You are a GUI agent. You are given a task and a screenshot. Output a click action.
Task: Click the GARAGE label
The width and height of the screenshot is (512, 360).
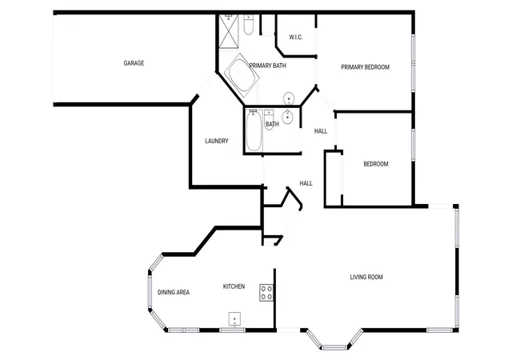134,63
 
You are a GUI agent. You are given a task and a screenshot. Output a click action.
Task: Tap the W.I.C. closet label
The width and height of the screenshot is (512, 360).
296,38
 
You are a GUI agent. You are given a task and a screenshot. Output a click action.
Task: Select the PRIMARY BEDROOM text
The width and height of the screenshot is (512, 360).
365,67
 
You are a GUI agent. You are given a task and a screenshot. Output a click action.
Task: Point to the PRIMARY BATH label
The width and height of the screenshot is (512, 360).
268,66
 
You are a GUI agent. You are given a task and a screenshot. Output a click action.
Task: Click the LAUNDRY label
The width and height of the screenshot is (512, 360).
217,141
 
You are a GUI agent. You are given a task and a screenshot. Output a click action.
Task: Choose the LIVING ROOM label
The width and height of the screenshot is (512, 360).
366,277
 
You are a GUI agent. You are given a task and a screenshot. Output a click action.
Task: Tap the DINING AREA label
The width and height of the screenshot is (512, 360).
174,292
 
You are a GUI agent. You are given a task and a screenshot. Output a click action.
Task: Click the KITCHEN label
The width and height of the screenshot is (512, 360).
234,286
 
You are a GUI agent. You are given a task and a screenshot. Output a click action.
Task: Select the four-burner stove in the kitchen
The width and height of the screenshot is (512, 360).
266,293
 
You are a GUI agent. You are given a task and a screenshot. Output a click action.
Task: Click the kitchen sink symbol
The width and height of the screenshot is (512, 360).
234,319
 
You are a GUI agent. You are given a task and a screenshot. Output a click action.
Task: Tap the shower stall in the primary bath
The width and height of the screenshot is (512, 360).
229,31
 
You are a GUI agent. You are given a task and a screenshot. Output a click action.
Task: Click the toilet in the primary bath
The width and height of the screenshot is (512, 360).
249,25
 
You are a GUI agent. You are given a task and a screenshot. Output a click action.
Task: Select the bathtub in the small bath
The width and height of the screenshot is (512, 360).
254,130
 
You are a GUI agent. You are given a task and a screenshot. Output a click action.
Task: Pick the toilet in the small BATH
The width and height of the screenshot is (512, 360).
269,119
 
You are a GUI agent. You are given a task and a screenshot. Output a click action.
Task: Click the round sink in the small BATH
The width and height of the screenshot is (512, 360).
287,117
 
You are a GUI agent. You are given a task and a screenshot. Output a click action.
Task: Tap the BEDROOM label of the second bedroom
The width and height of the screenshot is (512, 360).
376,164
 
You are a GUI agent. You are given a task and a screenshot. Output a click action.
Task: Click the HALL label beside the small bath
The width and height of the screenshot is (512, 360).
321,131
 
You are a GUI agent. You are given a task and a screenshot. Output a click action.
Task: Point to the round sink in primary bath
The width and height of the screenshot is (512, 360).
289,98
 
